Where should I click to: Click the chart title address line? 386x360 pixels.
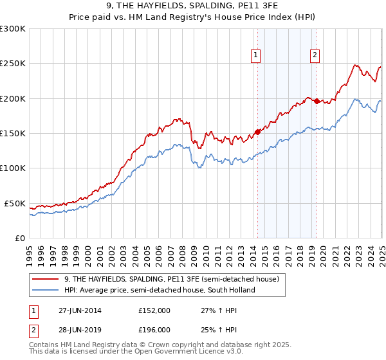pyautogui.click(x=192, y=6)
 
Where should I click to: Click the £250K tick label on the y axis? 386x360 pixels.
pyautogui.click(x=13, y=64)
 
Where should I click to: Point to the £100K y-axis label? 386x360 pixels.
pyautogui.click(x=13, y=168)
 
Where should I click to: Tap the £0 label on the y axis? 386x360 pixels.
pyautogui.click(x=19, y=238)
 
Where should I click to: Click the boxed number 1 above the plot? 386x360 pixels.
pyautogui.click(x=256, y=56)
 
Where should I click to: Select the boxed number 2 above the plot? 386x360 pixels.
pyautogui.click(x=315, y=56)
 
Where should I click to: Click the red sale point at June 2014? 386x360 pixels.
pyautogui.click(x=257, y=132)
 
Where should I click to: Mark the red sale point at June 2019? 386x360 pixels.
pyautogui.click(x=317, y=101)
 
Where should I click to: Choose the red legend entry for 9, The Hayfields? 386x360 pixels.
pyautogui.click(x=171, y=279)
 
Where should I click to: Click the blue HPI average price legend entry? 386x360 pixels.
pyautogui.click(x=160, y=290)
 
